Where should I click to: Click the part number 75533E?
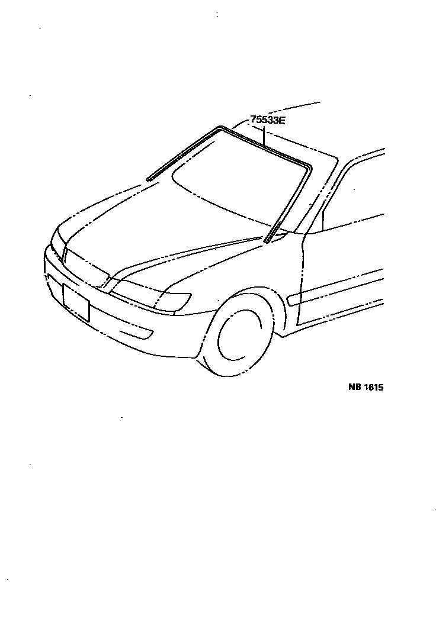coord(267,120)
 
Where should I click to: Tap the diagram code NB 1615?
coord(366,388)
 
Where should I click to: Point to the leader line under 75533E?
coord(264,136)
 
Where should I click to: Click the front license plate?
coord(76,302)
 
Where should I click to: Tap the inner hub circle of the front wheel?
coord(239,337)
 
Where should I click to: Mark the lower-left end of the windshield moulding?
coord(148,178)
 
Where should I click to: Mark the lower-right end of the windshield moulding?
coord(267,240)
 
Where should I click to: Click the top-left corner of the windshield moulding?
coord(220,127)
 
